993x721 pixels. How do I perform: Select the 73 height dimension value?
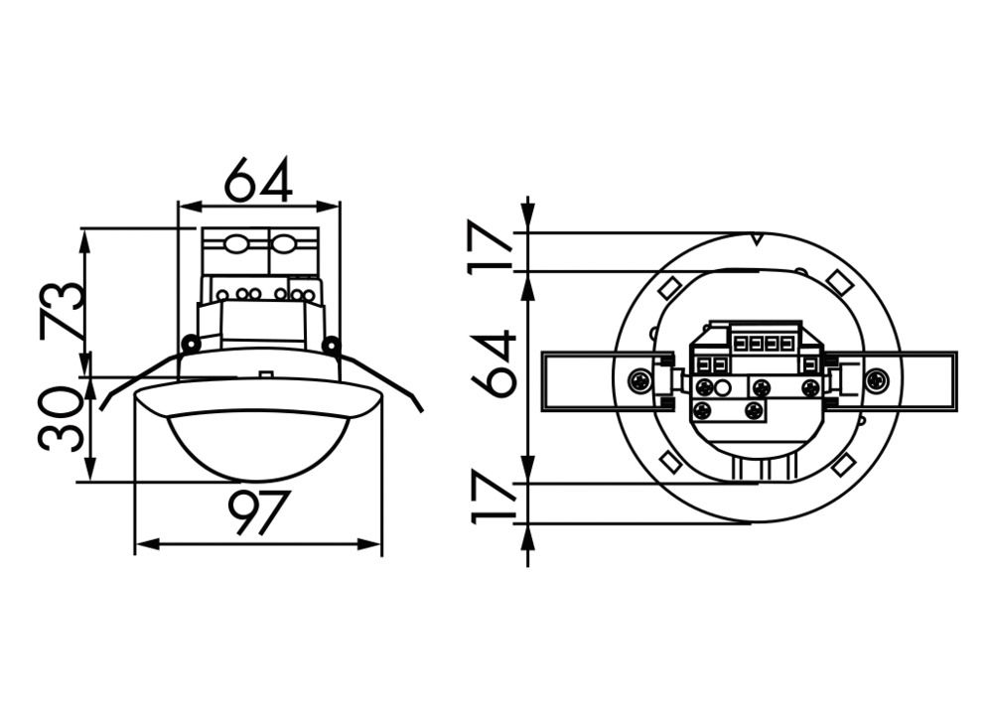tap(62, 309)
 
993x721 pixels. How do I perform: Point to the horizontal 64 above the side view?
tap(257, 181)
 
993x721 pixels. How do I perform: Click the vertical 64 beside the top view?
tap(494, 363)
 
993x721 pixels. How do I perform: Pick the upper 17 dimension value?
tap(494, 251)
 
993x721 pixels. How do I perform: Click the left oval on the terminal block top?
tap(235, 243)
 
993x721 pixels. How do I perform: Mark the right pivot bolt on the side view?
tap(331, 345)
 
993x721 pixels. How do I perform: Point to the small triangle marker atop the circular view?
tap(757, 239)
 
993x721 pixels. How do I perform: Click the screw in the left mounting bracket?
tap(640, 379)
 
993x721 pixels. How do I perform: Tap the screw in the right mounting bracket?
tap(875, 379)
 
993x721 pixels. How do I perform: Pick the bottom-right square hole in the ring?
tap(844, 464)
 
